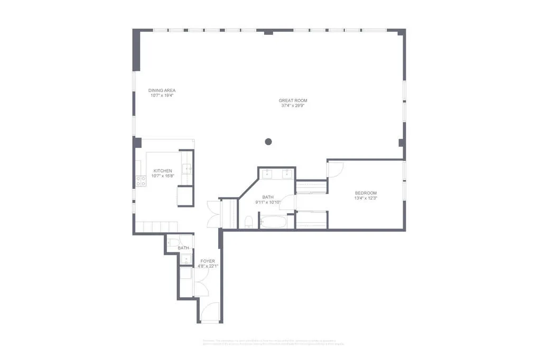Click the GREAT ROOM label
tap(293, 100)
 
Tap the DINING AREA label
tap(162, 90)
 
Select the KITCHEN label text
tap(163, 170)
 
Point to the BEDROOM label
tap(366, 193)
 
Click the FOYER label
tap(208, 261)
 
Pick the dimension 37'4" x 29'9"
tap(293, 106)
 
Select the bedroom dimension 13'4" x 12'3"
tap(366, 198)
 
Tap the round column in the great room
tap(268, 141)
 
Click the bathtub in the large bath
tap(273, 221)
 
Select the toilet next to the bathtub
tap(248, 221)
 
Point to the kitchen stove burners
tap(141, 181)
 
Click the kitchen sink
tap(187, 169)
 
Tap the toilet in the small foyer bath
tap(173, 242)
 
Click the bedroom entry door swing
tap(335, 169)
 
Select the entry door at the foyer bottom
tap(210, 312)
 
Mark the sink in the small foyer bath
tap(185, 259)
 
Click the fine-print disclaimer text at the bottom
tap(273, 342)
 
